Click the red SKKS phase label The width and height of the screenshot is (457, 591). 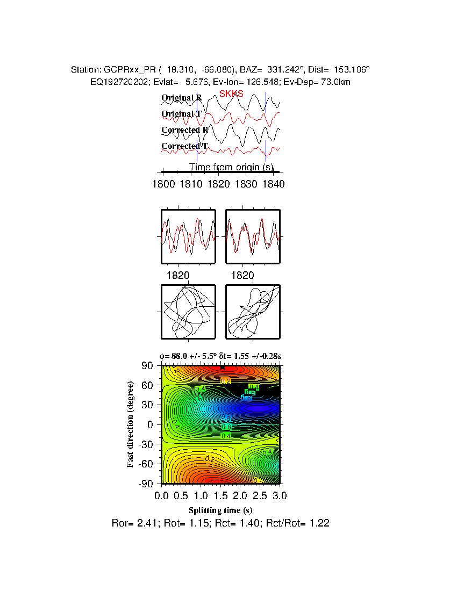pyautogui.click(x=231, y=94)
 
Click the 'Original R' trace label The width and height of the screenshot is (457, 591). pyautogui.click(x=182, y=98)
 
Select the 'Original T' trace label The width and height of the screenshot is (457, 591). pyautogui.click(x=182, y=114)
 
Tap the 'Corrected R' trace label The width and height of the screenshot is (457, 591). pyautogui.click(x=184, y=130)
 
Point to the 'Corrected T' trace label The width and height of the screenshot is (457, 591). pyautogui.click(x=184, y=146)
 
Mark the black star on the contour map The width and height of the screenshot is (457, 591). pyautogui.click(x=223, y=367)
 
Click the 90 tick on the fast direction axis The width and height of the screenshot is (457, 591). pyautogui.click(x=148, y=366)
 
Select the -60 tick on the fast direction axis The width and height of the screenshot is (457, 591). pyautogui.click(x=146, y=464)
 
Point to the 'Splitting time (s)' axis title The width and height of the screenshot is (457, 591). pyautogui.click(x=220, y=510)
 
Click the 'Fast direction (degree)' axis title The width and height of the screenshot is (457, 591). pyautogui.click(x=131, y=424)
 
